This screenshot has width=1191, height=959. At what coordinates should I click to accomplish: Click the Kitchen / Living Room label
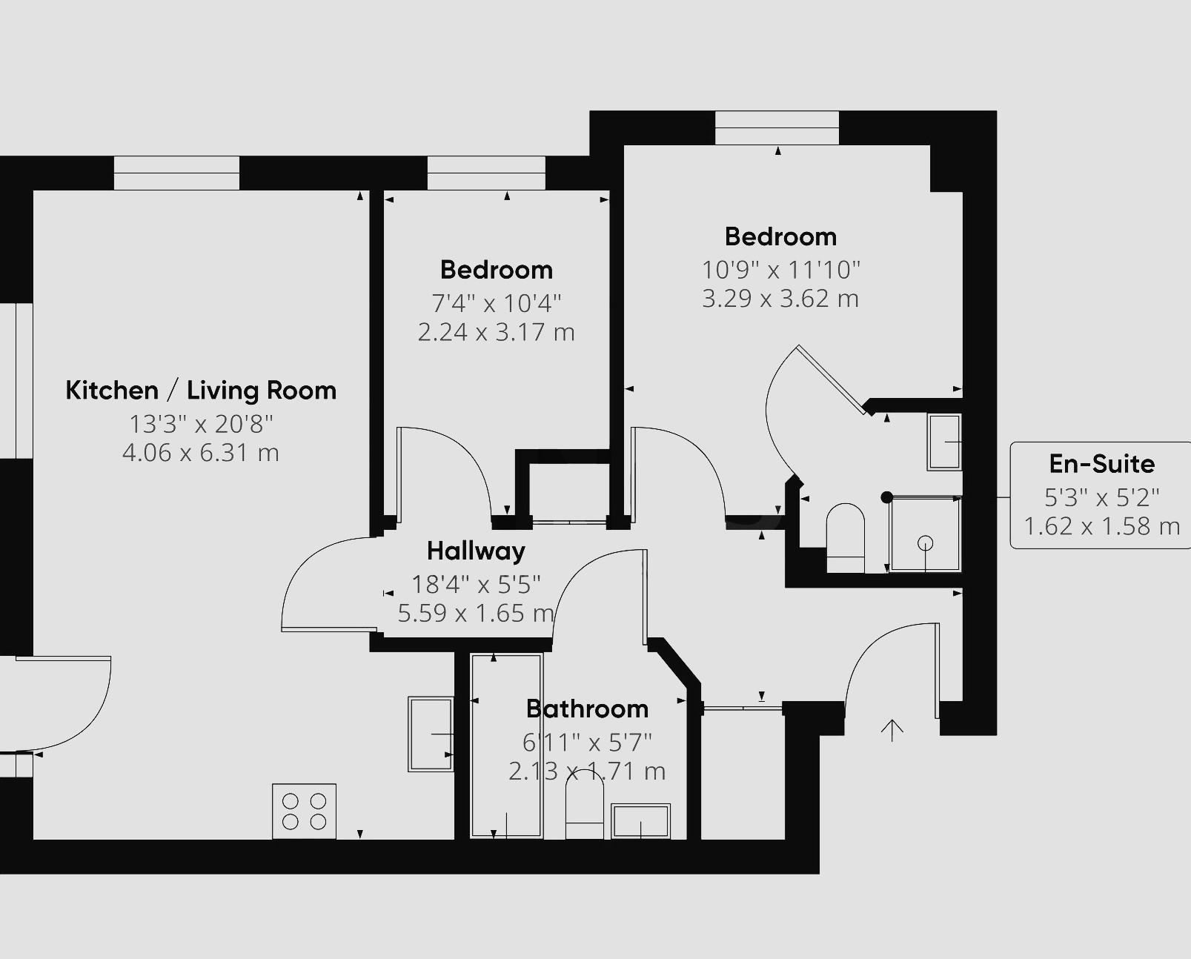[x=201, y=390]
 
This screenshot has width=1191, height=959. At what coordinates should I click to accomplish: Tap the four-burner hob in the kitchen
[x=304, y=811]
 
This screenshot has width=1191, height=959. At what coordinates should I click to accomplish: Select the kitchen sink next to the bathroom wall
[x=431, y=734]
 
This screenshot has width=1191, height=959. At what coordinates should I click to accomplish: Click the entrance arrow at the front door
[x=892, y=730]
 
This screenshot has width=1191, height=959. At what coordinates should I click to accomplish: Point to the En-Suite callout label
[x=1101, y=464]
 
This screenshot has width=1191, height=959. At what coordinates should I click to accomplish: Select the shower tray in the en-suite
[x=924, y=534]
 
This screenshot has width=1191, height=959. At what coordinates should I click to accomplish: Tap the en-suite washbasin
[x=944, y=442]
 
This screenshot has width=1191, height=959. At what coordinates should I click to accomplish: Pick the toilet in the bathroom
[x=584, y=814]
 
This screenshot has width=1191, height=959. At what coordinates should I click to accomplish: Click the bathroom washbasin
[x=640, y=821]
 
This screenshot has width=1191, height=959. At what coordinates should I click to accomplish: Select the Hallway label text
[x=476, y=551]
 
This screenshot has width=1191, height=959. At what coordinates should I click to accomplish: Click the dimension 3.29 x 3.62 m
[x=780, y=298]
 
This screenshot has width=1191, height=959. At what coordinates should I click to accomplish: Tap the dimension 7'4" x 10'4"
[x=496, y=302]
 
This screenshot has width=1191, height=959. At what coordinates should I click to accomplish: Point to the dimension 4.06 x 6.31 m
[x=200, y=452]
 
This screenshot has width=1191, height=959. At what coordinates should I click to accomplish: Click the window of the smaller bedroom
[x=486, y=173]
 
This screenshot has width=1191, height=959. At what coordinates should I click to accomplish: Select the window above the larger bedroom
[x=777, y=127]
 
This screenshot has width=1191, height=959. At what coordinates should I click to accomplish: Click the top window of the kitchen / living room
[x=176, y=173]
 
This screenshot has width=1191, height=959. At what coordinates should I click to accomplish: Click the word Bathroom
[x=587, y=709]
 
